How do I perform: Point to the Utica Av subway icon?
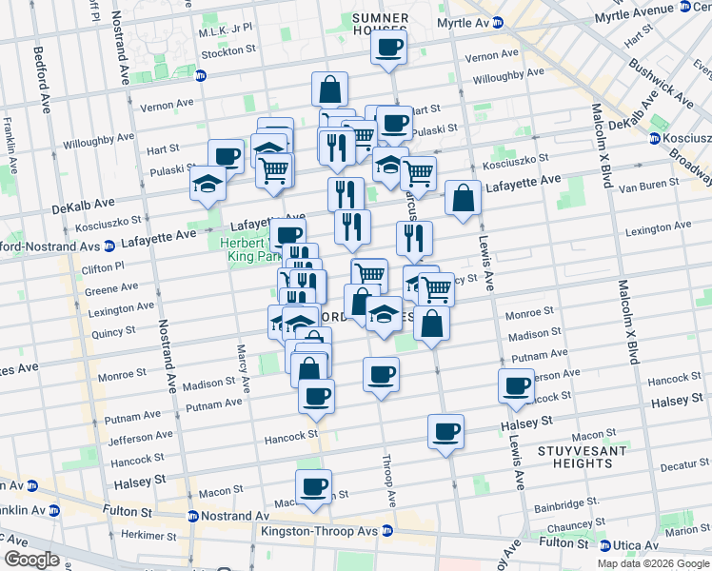coord(605,545)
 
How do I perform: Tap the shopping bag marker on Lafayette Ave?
coord(463,199)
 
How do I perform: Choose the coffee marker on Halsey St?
coord(445,432)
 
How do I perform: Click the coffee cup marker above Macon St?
coord(313,487)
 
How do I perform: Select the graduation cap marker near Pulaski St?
coord(207,183)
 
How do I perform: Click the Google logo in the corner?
coord(31,560)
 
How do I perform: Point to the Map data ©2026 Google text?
coord(653,563)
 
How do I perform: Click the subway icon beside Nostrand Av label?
coord(193,517)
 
